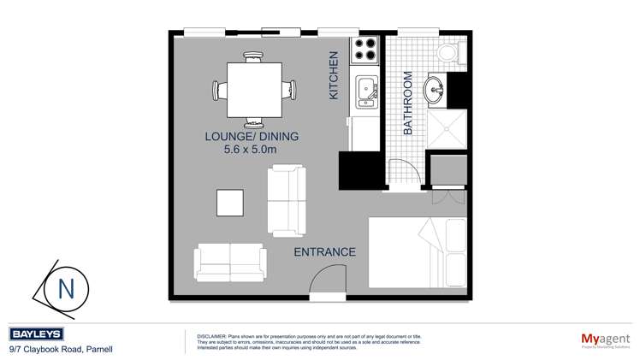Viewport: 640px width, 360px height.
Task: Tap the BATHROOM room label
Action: [408, 103]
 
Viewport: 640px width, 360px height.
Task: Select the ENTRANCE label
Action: [324, 251]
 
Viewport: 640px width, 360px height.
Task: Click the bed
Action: [418, 252]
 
